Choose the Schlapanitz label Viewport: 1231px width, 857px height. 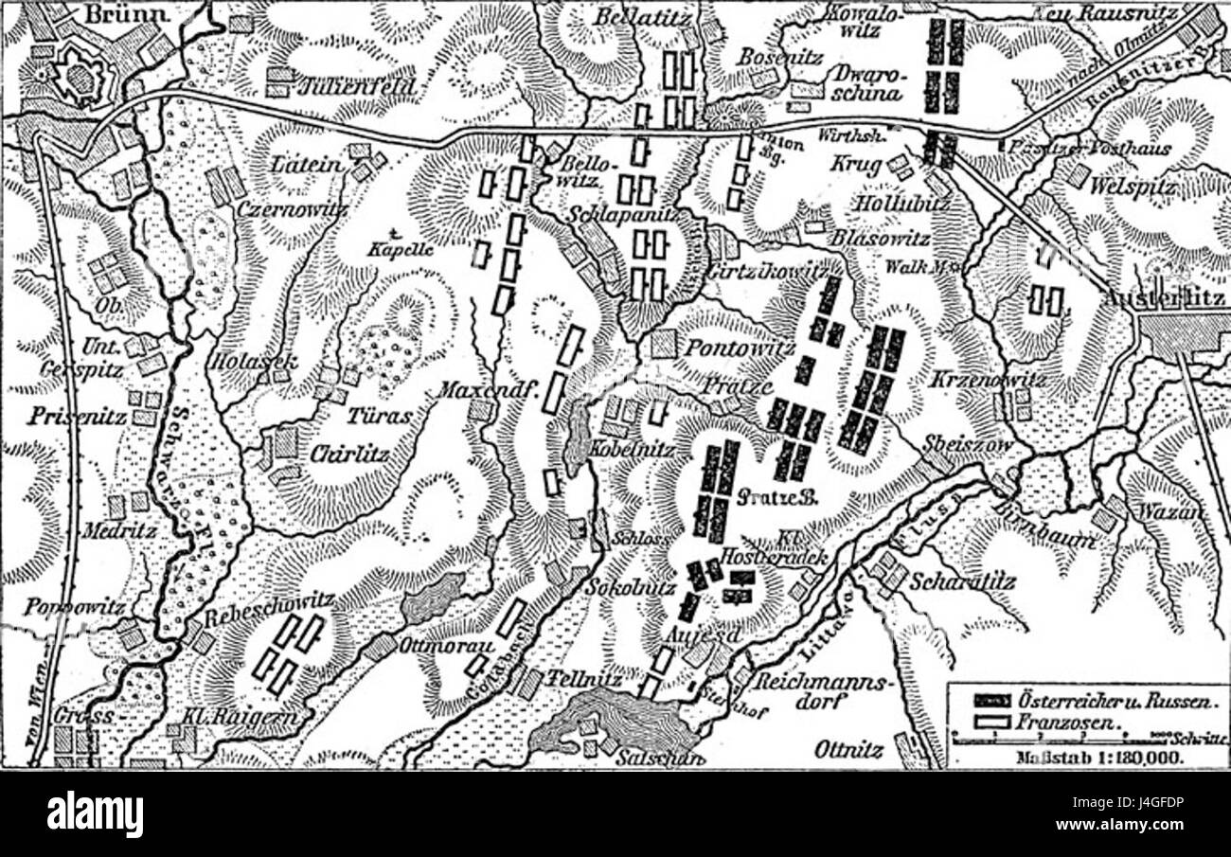click(621, 215)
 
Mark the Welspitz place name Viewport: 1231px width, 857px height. click(1133, 187)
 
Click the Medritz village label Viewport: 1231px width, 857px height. click(118, 530)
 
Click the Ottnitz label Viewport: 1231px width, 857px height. click(848, 750)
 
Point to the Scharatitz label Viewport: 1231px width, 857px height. click(961, 582)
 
